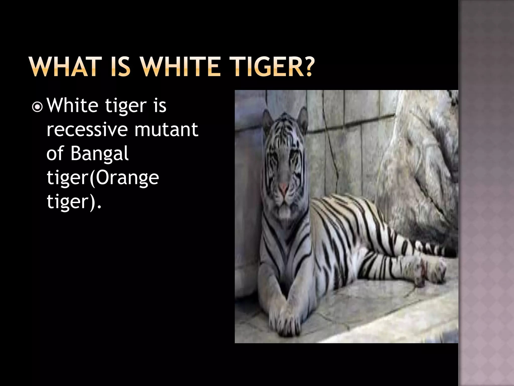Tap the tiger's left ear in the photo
[x=268, y=118]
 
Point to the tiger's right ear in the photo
[x=302, y=118]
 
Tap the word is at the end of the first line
[x=160, y=106]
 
